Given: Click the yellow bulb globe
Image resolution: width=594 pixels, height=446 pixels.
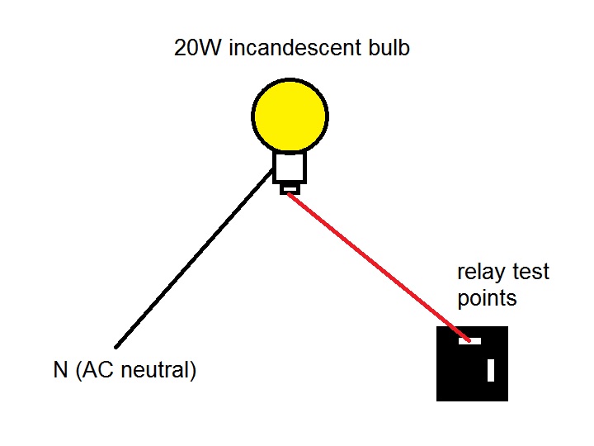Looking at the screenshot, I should pos(290,116).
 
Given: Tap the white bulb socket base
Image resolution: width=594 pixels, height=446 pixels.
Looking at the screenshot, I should pos(290,168).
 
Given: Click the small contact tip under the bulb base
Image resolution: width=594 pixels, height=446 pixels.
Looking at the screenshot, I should pos(290,189).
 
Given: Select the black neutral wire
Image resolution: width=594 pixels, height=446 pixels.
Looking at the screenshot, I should pos(194,258).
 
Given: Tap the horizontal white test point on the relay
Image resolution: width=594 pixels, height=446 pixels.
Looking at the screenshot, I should pos(469,340).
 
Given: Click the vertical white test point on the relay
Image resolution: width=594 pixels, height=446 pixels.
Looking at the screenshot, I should pos(491,370).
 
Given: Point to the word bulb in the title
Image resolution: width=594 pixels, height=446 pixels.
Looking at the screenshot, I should pos(388,48).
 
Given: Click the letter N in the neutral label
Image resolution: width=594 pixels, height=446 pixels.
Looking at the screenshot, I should pos(60,370).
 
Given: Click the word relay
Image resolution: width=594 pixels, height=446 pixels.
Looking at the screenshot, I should pos(481,272).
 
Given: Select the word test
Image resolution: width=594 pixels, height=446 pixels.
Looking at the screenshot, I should pos(531,272).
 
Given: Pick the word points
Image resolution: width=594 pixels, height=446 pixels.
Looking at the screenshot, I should pos(487,297).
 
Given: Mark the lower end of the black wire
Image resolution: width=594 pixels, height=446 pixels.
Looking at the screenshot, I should pos(116,346).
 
